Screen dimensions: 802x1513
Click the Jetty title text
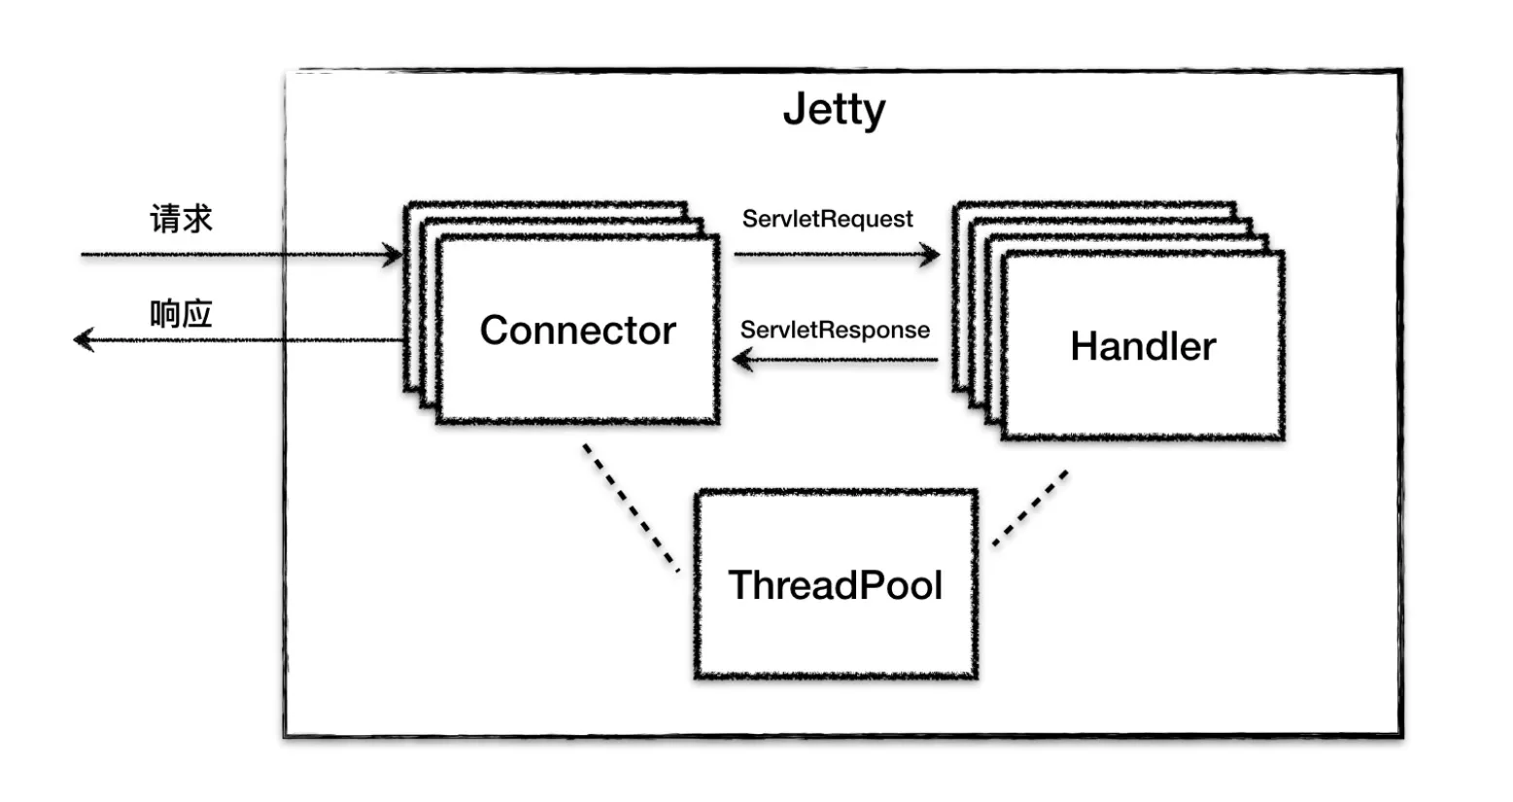tap(834, 110)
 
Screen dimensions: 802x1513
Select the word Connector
tap(577, 331)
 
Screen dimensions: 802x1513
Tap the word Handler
tap(1143, 347)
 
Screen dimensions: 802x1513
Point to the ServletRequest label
tap(827, 220)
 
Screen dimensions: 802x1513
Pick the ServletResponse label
tap(835, 331)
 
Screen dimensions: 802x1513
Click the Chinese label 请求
tap(181, 219)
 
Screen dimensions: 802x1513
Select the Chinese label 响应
tap(181, 314)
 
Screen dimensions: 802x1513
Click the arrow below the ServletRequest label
tap(836, 255)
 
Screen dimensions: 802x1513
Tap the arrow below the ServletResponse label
tap(836, 361)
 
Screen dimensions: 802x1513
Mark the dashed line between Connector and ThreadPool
tap(631, 507)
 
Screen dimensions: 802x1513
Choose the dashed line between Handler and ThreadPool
tap(1030, 508)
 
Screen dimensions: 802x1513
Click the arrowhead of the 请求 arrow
tap(393, 256)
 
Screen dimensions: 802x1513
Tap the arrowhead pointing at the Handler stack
tap(931, 256)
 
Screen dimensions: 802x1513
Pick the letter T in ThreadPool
tap(740, 585)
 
